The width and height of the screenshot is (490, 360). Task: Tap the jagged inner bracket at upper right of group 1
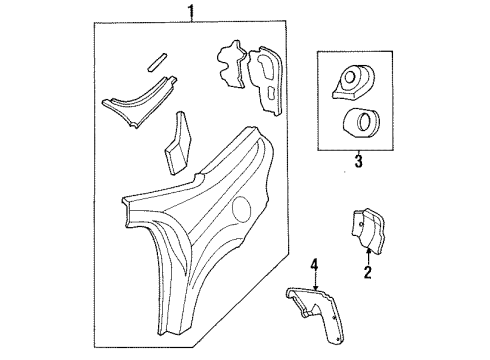tap(232, 66)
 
